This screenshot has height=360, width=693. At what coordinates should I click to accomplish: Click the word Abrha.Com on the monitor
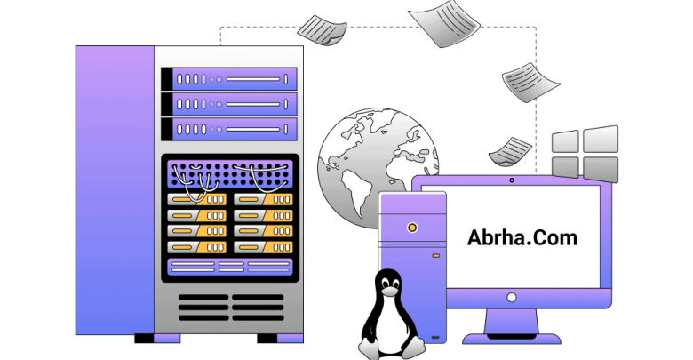pos(522,237)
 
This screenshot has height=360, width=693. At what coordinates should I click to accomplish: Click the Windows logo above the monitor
pos(585,155)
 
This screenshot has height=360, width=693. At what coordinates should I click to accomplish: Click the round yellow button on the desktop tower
pos(412,228)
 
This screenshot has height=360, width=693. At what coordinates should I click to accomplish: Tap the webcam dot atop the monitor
pos(512,180)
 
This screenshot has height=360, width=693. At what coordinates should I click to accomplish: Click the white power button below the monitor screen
pos(512,297)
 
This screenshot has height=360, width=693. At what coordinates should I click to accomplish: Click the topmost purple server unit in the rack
pos(229,79)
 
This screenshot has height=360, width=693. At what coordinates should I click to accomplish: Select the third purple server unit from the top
pos(229,130)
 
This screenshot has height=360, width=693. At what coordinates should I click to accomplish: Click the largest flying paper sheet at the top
pos(443,23)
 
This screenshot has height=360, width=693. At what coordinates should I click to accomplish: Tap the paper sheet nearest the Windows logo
pos(510,151)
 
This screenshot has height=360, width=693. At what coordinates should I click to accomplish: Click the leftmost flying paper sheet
pos(322,29)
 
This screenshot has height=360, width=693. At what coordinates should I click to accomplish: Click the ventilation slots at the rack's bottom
pos(231,308)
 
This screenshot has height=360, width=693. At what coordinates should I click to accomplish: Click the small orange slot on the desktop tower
pos(435,256)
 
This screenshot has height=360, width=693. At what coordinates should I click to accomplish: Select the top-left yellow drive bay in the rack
pos(197,199)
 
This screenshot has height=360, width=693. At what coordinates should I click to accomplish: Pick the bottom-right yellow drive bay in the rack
pos(263,247)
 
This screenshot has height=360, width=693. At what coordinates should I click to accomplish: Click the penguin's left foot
pos(370,348)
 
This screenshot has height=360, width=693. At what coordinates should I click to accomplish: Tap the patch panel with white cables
pos(230,174)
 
